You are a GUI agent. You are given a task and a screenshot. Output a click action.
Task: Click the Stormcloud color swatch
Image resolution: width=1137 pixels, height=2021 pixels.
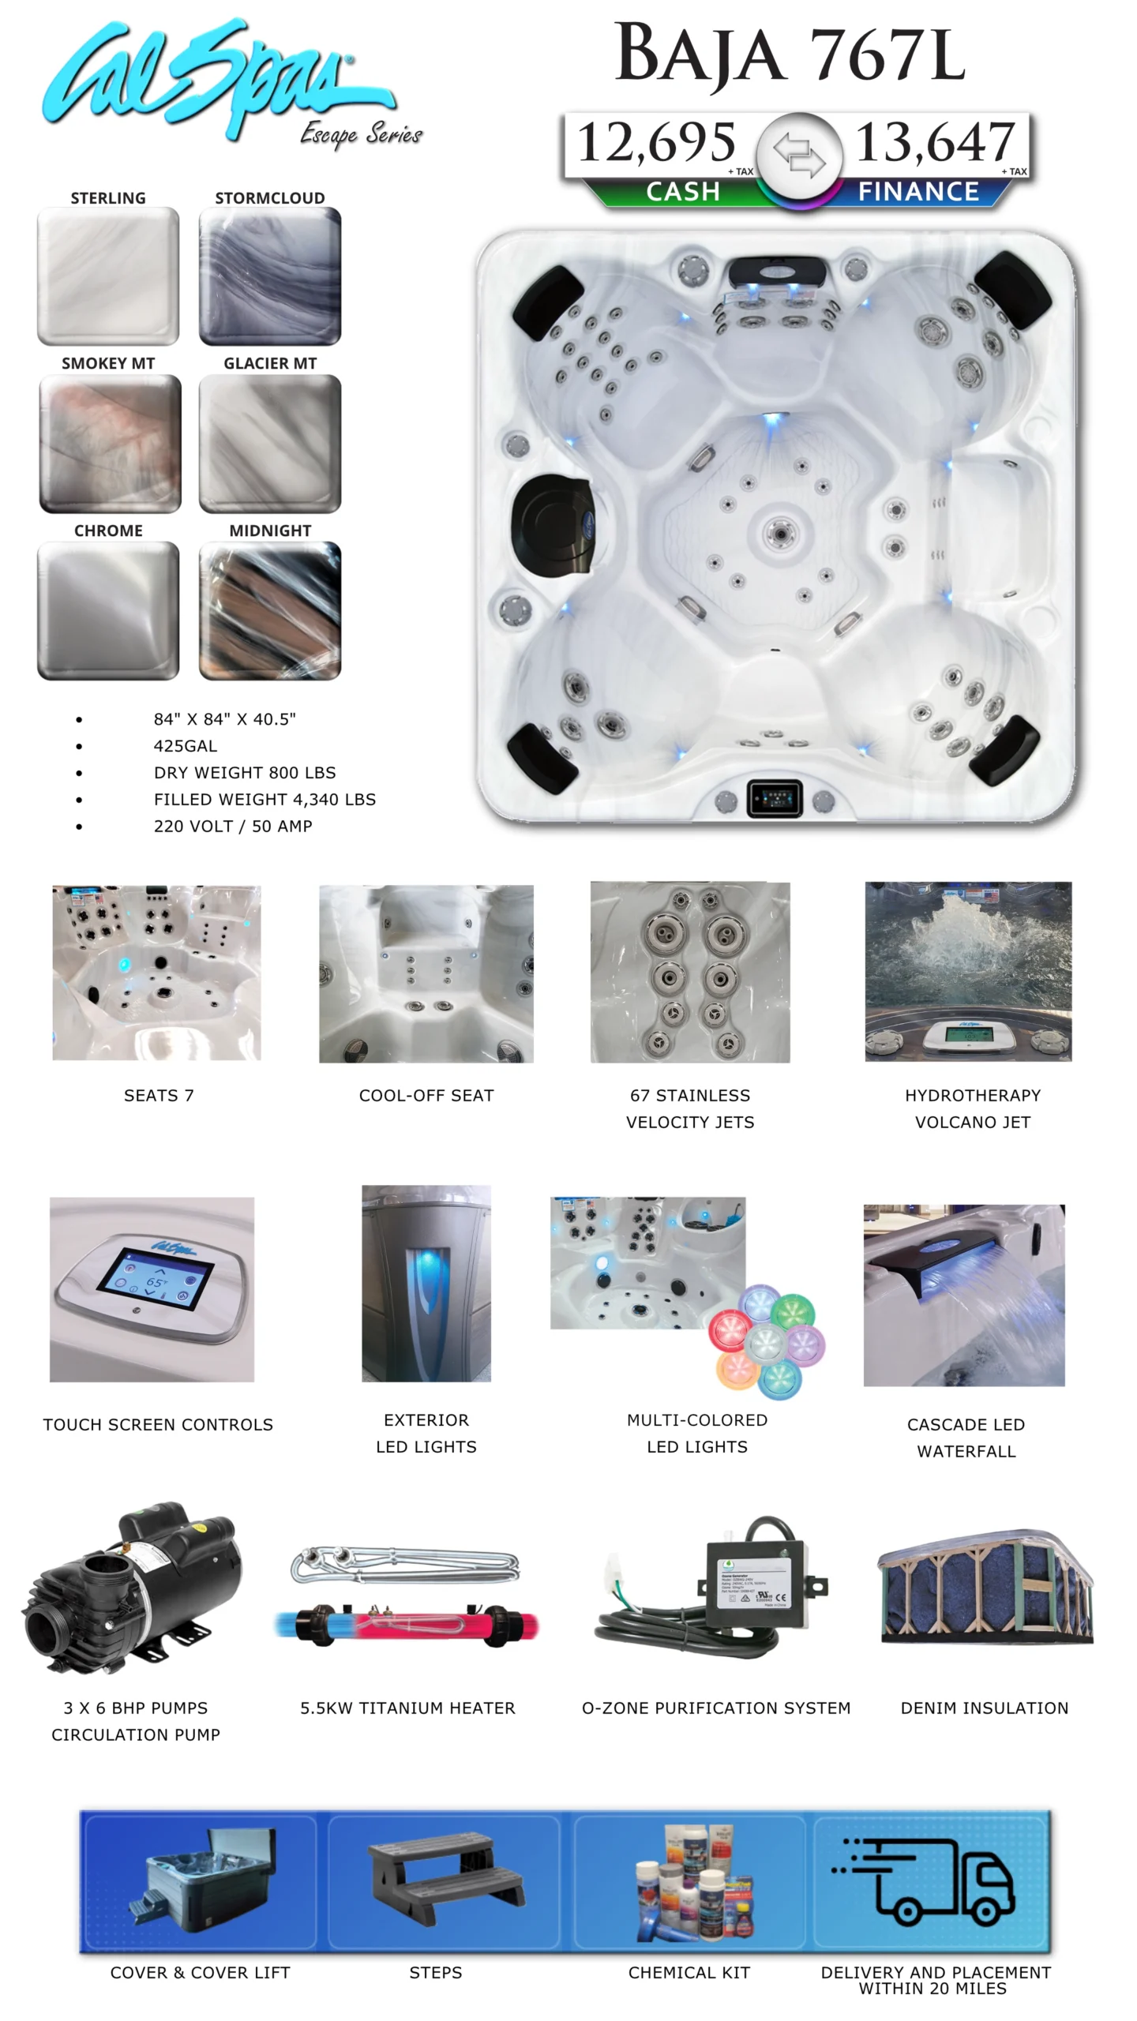coord(270,276)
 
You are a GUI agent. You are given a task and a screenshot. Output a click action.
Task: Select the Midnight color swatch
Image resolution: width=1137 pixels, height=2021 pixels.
coord(270,610)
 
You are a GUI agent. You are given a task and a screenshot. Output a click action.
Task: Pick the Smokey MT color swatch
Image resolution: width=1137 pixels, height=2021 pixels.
coord(110,444)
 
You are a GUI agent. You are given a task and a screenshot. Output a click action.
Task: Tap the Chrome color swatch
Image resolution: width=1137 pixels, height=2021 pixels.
coord(108,610)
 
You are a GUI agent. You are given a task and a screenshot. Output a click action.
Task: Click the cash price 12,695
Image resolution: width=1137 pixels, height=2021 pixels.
coord(656,142)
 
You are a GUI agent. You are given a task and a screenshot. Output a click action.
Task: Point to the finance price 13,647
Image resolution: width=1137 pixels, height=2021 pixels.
coord(935,142)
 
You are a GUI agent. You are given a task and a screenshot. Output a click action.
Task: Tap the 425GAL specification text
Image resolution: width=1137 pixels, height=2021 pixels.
coord(186,746)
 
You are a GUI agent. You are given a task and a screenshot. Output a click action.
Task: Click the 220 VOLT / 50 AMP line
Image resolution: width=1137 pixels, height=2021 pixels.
coord(233,827)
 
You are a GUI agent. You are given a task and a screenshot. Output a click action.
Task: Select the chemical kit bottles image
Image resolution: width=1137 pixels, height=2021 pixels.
coord(695,1882)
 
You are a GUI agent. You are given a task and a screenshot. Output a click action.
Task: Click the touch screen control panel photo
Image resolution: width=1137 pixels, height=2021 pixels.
coord(152,1289)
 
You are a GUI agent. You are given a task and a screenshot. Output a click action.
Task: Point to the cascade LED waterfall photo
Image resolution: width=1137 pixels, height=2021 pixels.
coord(964,1295)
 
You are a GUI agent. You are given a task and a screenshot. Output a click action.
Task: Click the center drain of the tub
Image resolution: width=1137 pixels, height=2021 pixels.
coord(780,534)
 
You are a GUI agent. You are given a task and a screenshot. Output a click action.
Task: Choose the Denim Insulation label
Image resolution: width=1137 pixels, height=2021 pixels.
coord(985,1708)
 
